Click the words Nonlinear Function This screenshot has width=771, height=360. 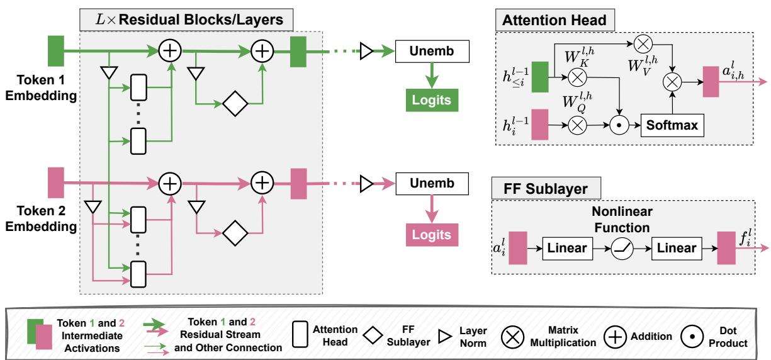pyautogui.click(x=614, y=219)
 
